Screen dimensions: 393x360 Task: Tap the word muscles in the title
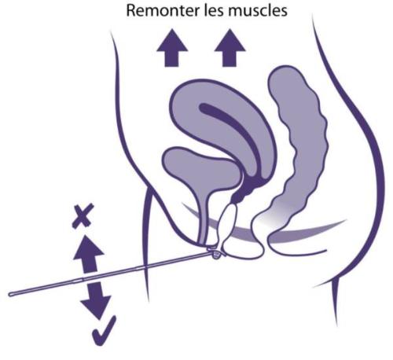point(258,11)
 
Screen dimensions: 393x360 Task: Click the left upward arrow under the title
point(172,48)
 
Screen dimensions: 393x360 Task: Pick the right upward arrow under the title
point(230,48)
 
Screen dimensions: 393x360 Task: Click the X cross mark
point(83,216)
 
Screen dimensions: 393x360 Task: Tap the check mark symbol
point(104,331)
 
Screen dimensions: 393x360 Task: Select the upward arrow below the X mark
point(89,253)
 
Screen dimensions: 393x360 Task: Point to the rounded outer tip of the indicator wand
point(10,295)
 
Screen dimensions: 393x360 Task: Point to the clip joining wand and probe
point(216,252)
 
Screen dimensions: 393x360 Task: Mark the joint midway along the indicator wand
point(83,279)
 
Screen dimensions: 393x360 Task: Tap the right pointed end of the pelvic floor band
point(345,221)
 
